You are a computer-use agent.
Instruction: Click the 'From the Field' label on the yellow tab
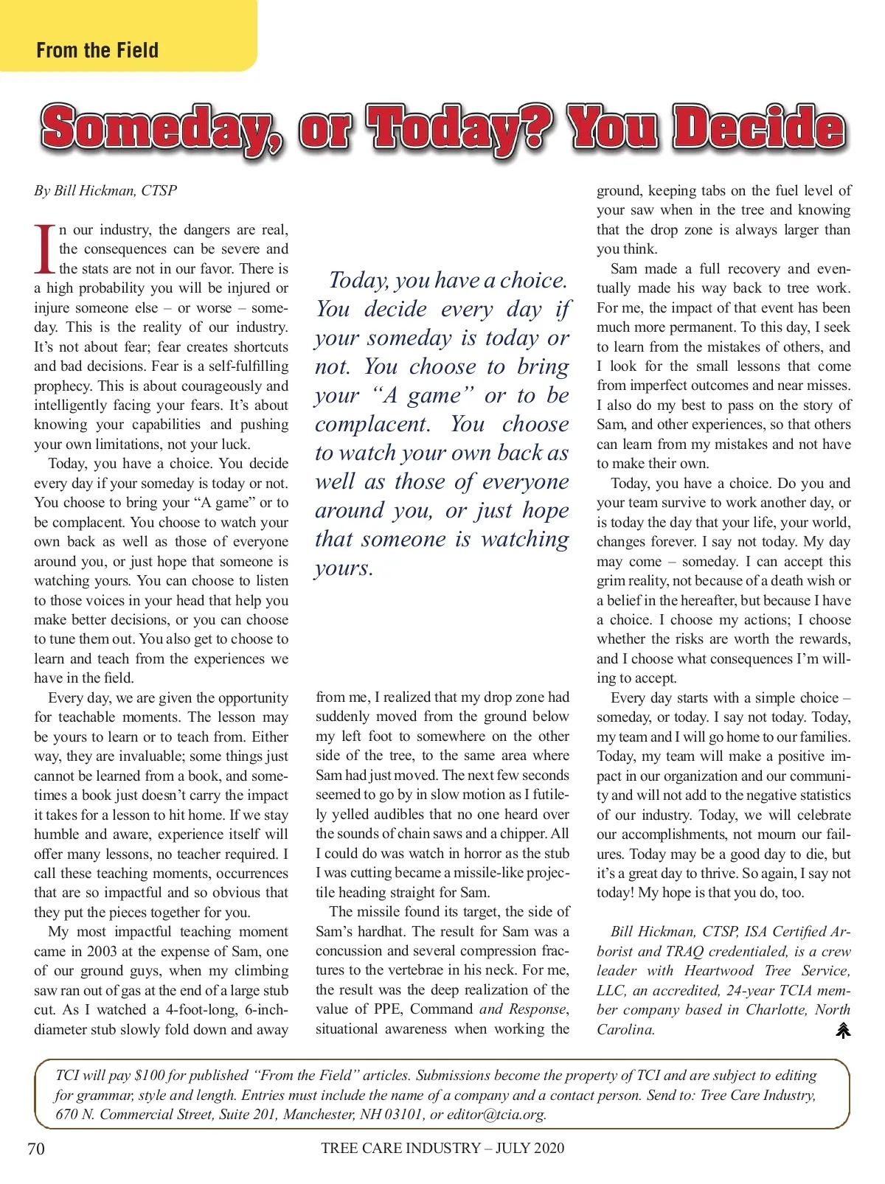[97, 50]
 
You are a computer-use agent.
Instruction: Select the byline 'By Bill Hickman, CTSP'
[105, 190]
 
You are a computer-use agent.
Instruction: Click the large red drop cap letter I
[45, 248]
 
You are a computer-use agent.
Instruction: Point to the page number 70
[35, 1149]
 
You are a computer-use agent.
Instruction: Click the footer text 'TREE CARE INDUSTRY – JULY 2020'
[442, 1148]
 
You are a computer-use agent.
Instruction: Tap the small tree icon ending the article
[843, 1030]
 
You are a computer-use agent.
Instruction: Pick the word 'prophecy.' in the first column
[63, 386]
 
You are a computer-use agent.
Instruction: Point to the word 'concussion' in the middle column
[352, 951]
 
